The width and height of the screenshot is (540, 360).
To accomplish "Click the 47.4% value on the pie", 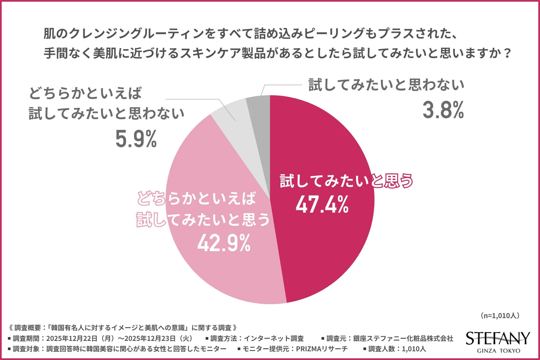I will [322, 204].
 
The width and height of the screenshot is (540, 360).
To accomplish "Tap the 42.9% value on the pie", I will [224, 243].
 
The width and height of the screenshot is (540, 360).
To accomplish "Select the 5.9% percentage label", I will [136, 139].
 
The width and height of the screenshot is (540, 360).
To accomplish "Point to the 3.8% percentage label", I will [443, 110].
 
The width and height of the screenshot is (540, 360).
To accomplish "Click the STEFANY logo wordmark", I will [498, 338].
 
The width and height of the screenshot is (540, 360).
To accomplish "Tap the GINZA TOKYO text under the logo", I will [498, 351].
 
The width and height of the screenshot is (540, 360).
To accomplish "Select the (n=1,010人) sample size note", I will [500, 316].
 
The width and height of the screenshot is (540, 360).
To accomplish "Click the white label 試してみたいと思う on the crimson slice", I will [346, 181].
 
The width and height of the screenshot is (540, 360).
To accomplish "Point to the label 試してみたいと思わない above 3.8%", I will [386, 85].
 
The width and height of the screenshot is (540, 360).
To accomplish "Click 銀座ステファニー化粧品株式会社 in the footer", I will [403, 338].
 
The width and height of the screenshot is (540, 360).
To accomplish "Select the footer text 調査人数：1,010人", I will [397, 349].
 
